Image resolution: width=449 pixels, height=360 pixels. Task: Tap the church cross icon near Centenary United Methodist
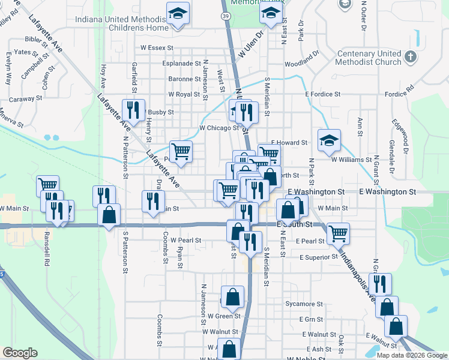tap(410, 57)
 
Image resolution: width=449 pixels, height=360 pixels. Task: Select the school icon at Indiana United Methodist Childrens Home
tap(177, 15)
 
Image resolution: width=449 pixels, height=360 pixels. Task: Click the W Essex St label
tap(157, 47)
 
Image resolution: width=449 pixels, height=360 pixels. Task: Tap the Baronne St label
tap(184, 79)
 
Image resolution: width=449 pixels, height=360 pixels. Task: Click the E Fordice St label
tap(322, 94)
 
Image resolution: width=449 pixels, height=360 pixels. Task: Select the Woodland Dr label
tap(302, 63)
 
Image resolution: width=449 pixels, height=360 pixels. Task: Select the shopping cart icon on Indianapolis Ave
tap(339, 233)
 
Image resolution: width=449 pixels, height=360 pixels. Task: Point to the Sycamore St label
tap(304, 304)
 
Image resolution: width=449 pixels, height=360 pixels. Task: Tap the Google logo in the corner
tap(20, 353)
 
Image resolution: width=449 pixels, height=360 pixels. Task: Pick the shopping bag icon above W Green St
tap(232, 296)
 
